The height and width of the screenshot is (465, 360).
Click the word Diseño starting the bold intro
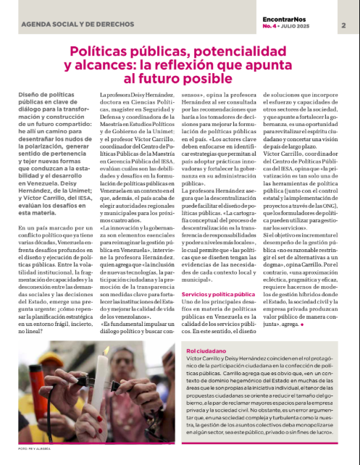tap(29, 96)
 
